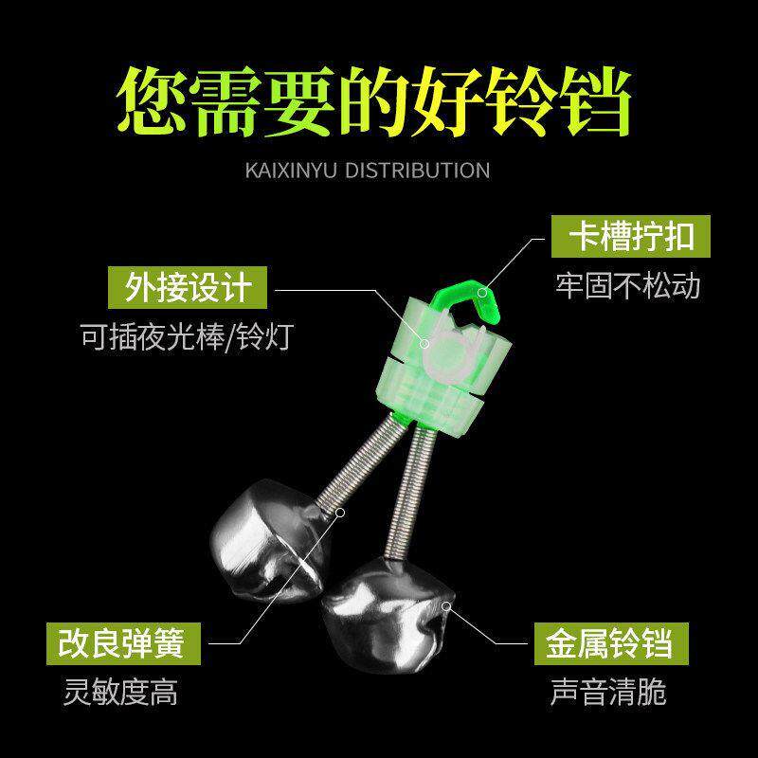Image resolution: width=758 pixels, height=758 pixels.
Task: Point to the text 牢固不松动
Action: click(x=626, y=285)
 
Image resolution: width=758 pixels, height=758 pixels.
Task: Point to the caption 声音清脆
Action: click(x=608, y=693)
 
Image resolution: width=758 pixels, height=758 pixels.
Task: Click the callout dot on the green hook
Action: click(x=482, y=292)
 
